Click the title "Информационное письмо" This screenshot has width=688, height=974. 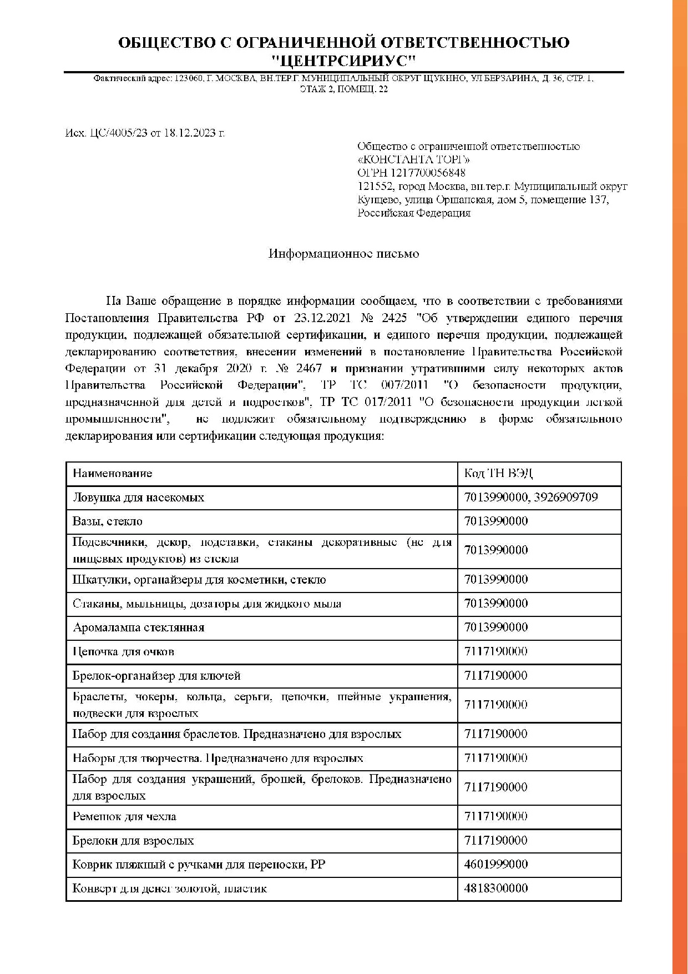point(343,254)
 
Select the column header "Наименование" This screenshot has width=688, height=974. point(112,474)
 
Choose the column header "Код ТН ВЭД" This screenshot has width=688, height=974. point(498,474)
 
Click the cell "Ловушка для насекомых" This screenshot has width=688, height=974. point(138,498)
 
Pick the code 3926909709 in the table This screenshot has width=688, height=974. point(566,498)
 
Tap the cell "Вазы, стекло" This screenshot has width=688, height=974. point(107,521)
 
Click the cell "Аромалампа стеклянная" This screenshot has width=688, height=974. point(138,628)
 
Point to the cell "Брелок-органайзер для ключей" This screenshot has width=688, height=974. point(156,676)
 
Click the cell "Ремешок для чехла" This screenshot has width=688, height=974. point(124,817)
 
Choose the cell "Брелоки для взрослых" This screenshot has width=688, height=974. point(133,841)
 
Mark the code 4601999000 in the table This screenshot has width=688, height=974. point(496,865)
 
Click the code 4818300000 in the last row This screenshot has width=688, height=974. point(496,888)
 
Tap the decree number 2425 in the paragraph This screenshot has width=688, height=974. point(393,318)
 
